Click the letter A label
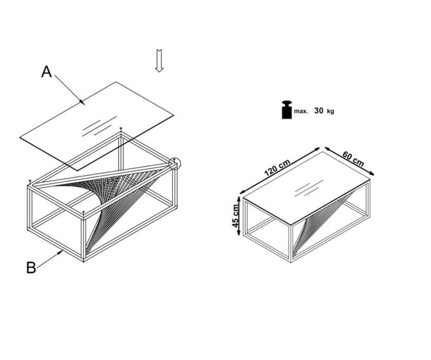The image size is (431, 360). [x=46, y=72]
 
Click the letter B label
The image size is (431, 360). [x=31, y=268]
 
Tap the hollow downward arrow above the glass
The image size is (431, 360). [x=159, y=61]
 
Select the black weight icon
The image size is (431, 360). [x=287, y=110]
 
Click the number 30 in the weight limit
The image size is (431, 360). [x=319, y=111]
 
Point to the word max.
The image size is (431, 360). [x=301, y=111]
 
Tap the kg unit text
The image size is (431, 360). [x=330, y=111]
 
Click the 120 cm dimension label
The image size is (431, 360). [x=277, y=168]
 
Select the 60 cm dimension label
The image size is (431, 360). [x=353, y=159]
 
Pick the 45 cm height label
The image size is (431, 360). [x=236, y=216]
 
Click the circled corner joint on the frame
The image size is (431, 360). [x=174, y=164]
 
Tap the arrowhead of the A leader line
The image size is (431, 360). [x=82, y=102]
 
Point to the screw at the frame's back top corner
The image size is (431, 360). [x=121, y=129]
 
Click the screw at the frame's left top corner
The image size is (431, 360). [x=30, y=182]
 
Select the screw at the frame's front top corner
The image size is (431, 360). [x=83, y=213]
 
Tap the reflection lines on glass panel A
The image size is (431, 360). [x=99, y=126]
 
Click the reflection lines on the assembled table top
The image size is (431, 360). [x=309, y=189]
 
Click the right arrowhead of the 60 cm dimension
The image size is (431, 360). [x=372, y=173]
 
